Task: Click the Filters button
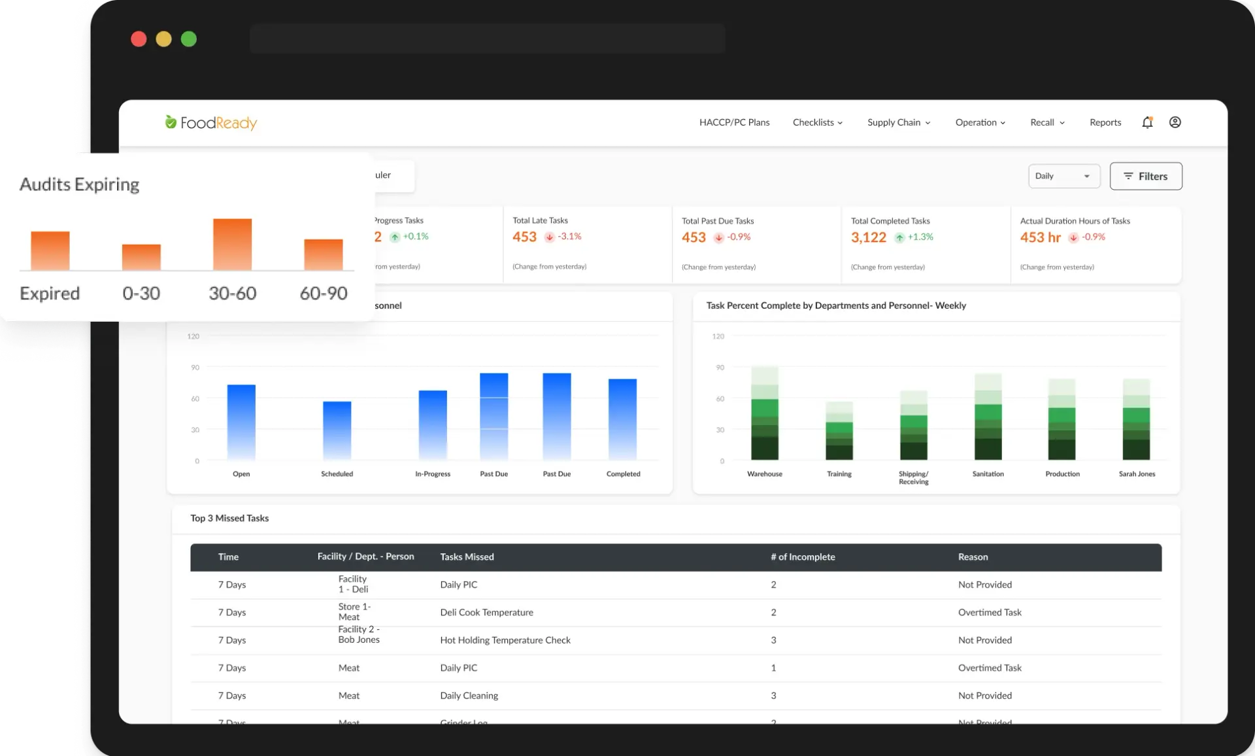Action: coord(1145,177)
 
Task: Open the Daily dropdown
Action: coord(1063,176)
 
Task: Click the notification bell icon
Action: coord(1147,122)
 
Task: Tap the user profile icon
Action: coord(1175,122)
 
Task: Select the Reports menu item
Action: coord(1105,122)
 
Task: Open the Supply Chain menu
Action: coord(898,122)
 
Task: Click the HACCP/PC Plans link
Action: coord(734,122)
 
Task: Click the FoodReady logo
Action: coord(210,122)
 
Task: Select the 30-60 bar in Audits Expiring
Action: coord(232,244)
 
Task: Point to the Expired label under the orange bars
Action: coord(50,293)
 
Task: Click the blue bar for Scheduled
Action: coord(337,430)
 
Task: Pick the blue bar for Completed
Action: coord(622,419)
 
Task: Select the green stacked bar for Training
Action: coord(839,431)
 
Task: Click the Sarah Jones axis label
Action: coord(1137,474)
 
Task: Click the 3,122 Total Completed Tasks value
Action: coord(868,237)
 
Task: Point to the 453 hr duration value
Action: coord(1040,237)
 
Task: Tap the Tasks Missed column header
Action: coord(467,557)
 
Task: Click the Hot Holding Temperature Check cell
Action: coord(505,640)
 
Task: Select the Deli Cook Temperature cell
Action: coord(486,613)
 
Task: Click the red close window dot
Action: coord(139,39)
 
